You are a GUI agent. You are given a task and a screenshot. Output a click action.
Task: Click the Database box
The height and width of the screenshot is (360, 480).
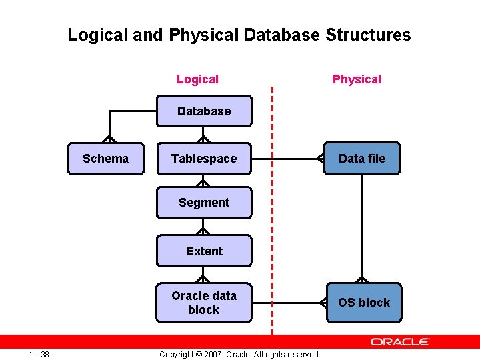tap(204, 111)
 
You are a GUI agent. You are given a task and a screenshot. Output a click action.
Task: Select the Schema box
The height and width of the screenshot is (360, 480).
tap(105, 159)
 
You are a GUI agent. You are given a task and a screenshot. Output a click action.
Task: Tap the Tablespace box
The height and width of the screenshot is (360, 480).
tap(204, 159)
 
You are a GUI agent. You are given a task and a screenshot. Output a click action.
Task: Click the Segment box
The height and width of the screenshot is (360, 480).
tap(204, 203)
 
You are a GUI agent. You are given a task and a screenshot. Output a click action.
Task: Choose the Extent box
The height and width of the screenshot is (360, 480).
tap(204, 251)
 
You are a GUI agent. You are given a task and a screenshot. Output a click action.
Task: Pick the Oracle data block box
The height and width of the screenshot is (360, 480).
tap(204, 303)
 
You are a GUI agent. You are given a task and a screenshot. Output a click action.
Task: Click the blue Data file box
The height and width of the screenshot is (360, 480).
tap(362, 159)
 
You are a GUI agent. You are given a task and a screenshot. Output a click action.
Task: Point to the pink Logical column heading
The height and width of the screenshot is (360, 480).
tap(197, 79)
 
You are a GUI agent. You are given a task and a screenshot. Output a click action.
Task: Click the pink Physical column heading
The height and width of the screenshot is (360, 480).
tap(357, 79)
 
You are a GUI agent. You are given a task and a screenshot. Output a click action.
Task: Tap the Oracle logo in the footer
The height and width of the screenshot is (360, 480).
tap(400, 341)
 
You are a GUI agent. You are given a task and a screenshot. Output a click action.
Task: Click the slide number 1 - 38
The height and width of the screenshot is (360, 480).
tap(39, 353)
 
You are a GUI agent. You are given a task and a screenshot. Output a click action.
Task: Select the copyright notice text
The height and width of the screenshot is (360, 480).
tap(240, 354)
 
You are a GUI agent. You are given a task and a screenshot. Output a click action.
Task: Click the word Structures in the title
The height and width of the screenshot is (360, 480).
tap(368, 35)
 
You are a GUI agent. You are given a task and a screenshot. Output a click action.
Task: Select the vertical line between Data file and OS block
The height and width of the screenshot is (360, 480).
tap(361, 227)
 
